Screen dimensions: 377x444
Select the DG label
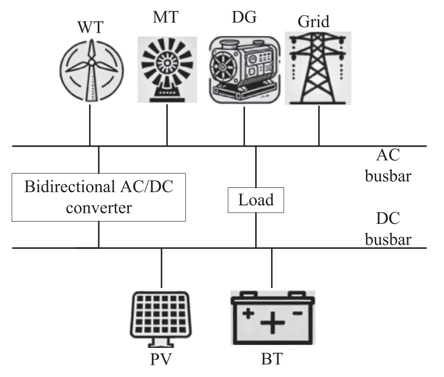click(x=244, y=19)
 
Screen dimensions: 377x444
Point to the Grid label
click(x=314, y=21)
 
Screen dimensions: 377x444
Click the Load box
click(x=256, y=200)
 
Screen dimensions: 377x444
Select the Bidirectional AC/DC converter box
click(x=99, y=197)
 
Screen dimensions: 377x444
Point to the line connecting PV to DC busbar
click(x=161, y=269)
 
